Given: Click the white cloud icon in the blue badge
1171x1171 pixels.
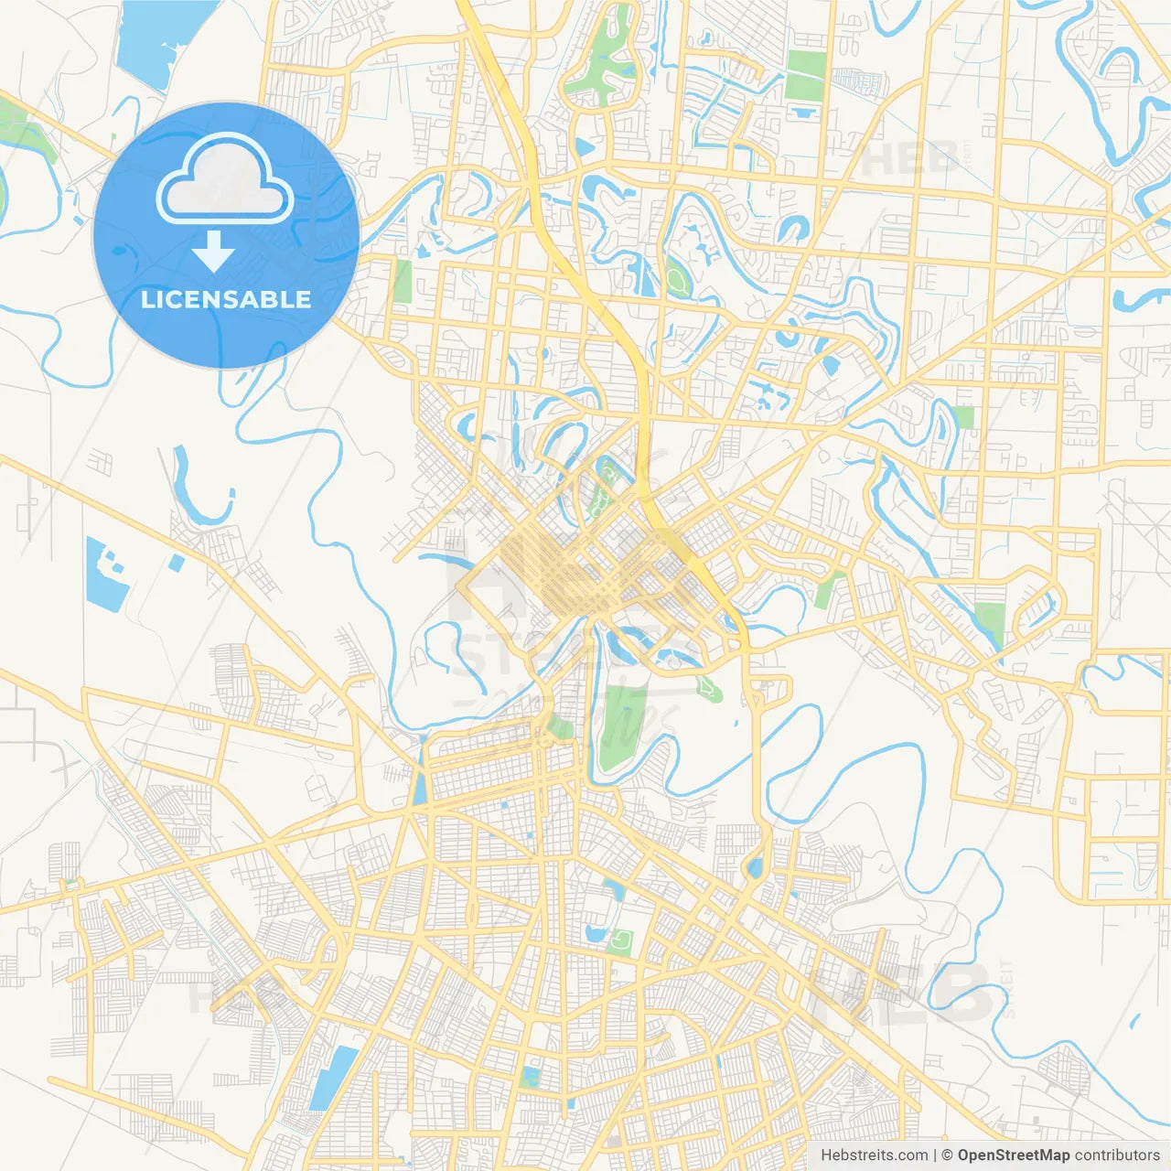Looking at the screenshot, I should (225, 179).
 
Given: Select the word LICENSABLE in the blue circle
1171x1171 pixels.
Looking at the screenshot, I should (226, 299).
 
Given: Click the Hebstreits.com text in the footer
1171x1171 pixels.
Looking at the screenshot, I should (874, 1155).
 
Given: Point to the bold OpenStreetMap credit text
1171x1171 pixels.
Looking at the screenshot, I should (1013, 1155).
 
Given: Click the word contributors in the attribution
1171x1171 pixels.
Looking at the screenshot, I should (1117, 1155).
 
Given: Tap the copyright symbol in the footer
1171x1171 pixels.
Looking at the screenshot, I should (948, 1155).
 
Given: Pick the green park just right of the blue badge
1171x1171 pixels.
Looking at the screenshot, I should (403, 281).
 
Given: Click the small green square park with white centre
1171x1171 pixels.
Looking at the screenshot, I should (621, 940).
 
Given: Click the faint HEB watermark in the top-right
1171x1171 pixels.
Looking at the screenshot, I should (909, 158).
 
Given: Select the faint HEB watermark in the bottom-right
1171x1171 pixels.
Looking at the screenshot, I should (906, 993).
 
